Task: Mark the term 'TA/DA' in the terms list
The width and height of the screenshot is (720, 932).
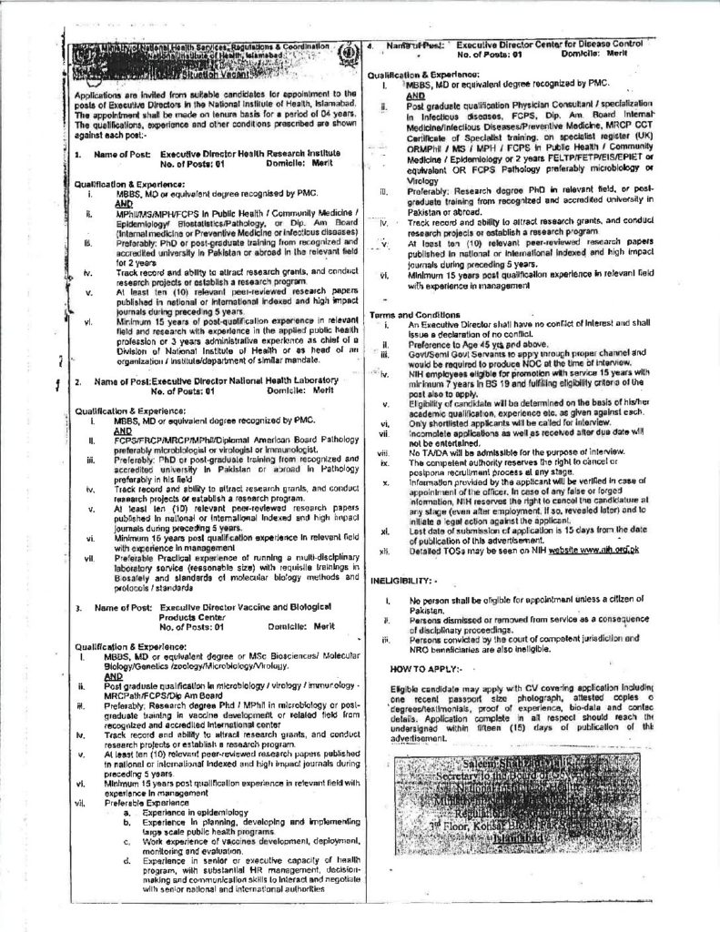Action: pyautogui.click(x=438, y=451)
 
